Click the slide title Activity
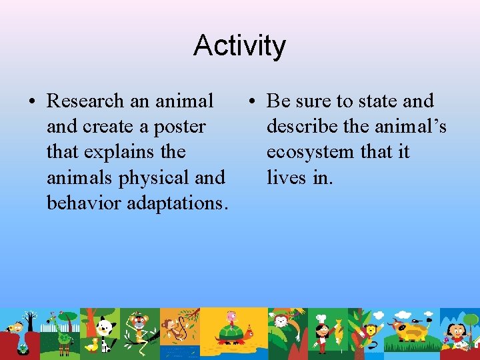point(239,45)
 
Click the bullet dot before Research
point(31,102)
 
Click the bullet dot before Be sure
point(251,102)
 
